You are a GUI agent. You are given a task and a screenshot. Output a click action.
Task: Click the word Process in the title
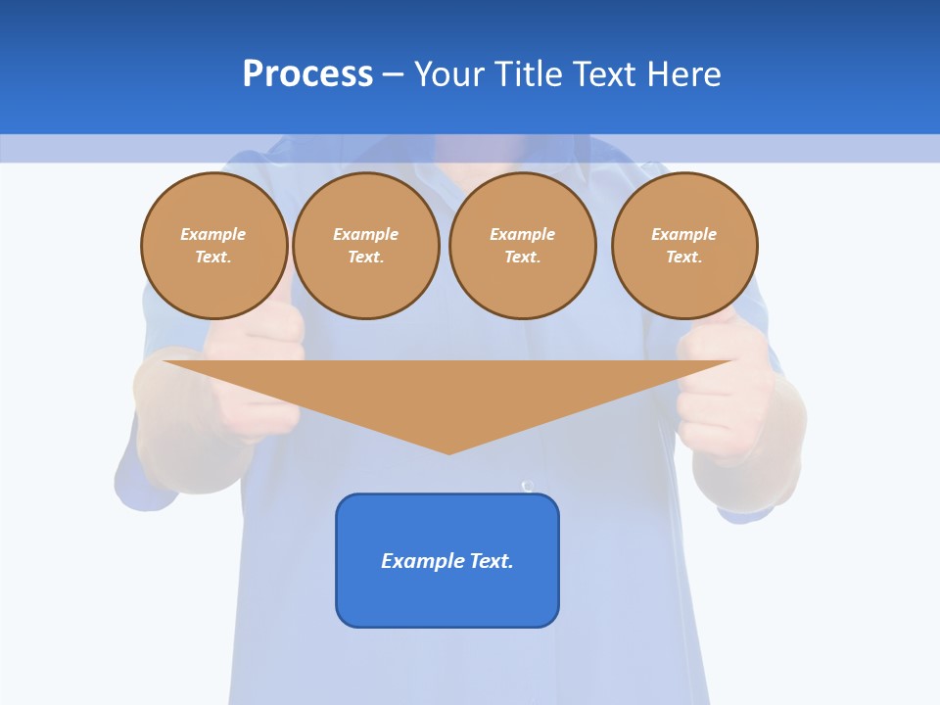(307, 73)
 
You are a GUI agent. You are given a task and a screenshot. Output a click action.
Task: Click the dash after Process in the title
(393, 74)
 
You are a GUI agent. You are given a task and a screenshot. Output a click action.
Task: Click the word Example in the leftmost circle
(213, 234)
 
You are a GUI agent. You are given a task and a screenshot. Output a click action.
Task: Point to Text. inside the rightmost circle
(684, 257)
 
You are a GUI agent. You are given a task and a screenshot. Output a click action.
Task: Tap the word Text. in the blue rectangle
(491, 561)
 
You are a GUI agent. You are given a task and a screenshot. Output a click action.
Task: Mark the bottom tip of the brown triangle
(449, 452)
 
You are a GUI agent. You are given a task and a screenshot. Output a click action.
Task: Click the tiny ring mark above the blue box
(528, 486)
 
